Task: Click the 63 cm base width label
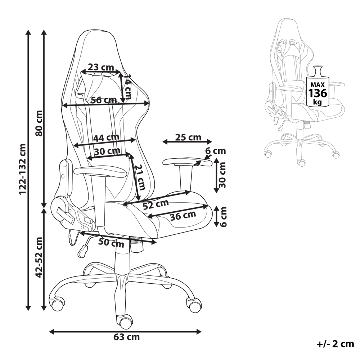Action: (x=126, y=337)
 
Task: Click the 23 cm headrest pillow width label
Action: (x=101, y=67)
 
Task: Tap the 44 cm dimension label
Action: (x=106, y=138)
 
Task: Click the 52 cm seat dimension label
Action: (x=156, y=204)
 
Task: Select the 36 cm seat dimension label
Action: (x=183, y=216)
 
